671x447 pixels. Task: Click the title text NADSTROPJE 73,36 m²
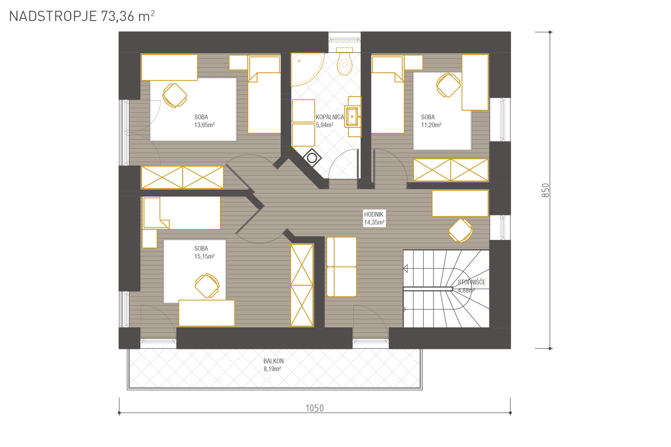click(x=82, y=16)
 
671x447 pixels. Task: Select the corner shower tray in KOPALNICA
click(x=307, y=69)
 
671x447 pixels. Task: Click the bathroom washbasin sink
click(x=353, y=117)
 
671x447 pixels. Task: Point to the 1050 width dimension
click(x=314, y=409)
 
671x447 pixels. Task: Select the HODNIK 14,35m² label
click(x=374, y=218)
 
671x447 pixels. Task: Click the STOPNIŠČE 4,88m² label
click(x=471, y=286)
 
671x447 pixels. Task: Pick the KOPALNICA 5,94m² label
click(x=330, y=121)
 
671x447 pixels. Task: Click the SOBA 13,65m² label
click(x=204, y=121)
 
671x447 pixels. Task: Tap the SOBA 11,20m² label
click(x=431, y=121)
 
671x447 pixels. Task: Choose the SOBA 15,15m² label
click(x=204, y=253)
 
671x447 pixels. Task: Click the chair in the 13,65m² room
click(x=174, y=96)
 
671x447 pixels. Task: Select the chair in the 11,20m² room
click(x=448, y=85)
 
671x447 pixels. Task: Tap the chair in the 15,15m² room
click(x=207, y=286)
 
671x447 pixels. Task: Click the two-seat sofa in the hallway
click(x=341, y=267)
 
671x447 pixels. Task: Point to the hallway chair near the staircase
click(x=461, y=230)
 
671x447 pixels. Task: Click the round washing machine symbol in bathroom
click(x=312, y=158)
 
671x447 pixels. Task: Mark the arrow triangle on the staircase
click(x=405, y=269)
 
